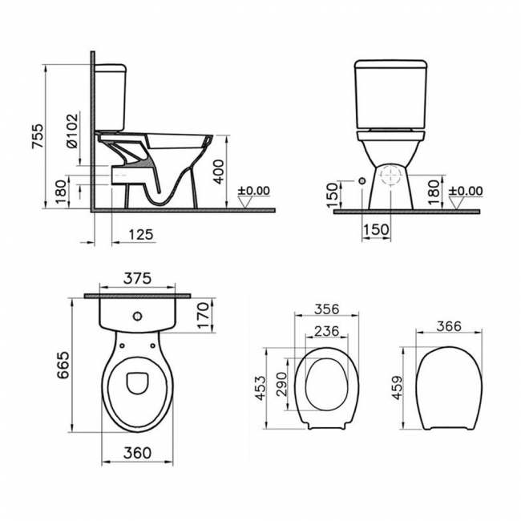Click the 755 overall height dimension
[37, 136]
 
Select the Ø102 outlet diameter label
[72, 131]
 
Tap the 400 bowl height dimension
[218, 172]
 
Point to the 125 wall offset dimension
[140, 234]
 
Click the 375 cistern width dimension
[137, 278]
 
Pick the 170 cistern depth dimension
[204, 315]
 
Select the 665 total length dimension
[63, 365]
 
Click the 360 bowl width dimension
[137, 453]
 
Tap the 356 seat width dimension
[327, 309]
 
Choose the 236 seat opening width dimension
[327, 331]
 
